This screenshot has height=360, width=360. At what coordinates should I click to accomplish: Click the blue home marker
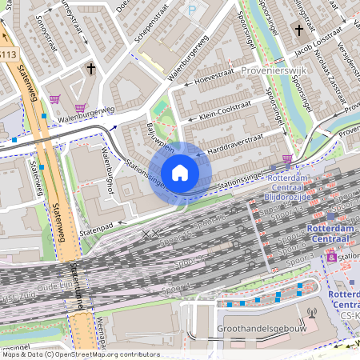(x=180, y=172)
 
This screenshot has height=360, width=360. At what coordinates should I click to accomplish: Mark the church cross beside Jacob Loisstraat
(x=298, y=30)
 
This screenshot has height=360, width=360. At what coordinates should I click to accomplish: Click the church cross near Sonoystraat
(x=90, y=70)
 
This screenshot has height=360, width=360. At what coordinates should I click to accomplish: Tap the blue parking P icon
(x=191, y=10)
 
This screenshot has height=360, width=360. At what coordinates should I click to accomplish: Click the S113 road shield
(x=7, y=54)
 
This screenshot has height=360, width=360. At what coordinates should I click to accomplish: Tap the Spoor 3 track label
(x=300, y=261)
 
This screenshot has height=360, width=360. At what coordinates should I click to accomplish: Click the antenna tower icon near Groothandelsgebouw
(x=311, y=314)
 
